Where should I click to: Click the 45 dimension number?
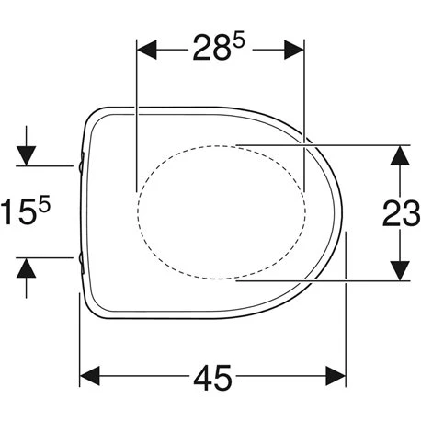pyautogui.click(x=212, y=378)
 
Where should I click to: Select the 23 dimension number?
pyautogui.click(x=401, y=213)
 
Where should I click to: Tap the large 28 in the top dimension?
pyautogui.click(x=211, y=47)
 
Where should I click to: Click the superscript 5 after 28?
pyautogui.click(x=239, y=40)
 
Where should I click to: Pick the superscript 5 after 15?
pyautogui.click(x=44, y=204)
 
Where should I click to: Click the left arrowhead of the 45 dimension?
pyautogui.click(x=89, y=376)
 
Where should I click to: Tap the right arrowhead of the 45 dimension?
pyautogui.click(x=336, y=376)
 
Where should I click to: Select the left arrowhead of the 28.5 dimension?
pyautogui.click(x=146, y=50)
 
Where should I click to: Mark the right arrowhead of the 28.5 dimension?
pyautogui.click(x=294, y=50)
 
